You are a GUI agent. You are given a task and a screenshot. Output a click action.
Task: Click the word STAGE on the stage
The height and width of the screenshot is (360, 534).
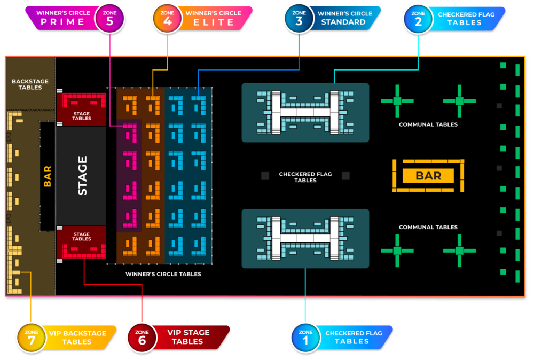83,176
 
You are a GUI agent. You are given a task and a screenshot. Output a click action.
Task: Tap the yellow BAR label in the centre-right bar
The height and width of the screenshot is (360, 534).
428,176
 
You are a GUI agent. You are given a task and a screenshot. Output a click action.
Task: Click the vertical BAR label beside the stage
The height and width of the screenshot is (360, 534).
47,176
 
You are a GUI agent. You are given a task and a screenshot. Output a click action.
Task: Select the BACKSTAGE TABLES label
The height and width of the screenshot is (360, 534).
30,84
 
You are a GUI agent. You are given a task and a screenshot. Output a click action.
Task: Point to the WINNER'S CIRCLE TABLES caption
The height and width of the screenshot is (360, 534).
163,274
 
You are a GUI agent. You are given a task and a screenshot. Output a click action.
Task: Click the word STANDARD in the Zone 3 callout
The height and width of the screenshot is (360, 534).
343,22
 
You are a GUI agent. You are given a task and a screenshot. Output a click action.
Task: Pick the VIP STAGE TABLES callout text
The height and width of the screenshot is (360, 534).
189,337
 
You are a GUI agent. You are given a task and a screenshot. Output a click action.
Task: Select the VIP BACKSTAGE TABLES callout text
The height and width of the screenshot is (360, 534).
77,337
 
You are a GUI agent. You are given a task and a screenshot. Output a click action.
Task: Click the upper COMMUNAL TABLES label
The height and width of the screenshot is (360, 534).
428,124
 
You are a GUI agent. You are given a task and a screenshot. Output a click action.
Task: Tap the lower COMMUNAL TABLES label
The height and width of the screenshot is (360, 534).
428,227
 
